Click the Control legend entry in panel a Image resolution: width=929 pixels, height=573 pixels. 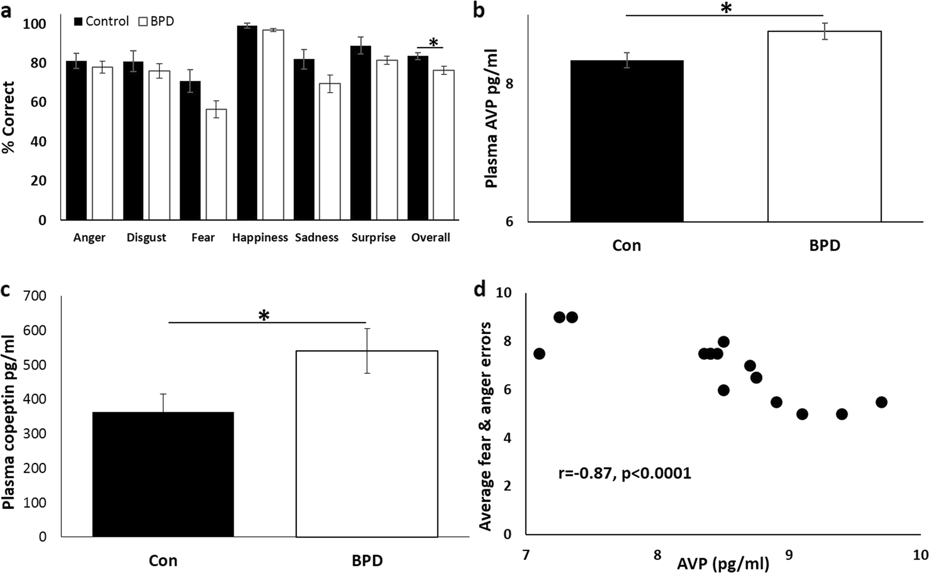click(x=102, y=22)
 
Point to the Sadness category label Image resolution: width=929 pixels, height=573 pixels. click(x=317, y=238)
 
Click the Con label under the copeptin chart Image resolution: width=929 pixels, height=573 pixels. click(x=163, y=561)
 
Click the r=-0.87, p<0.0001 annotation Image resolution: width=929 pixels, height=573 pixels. click(x=624, y=473)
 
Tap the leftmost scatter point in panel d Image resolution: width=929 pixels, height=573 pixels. click(x=539, y=354)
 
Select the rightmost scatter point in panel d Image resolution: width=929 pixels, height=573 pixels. click(x=881, y=402)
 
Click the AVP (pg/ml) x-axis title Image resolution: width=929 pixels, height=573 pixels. click(x=723, y=563)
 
